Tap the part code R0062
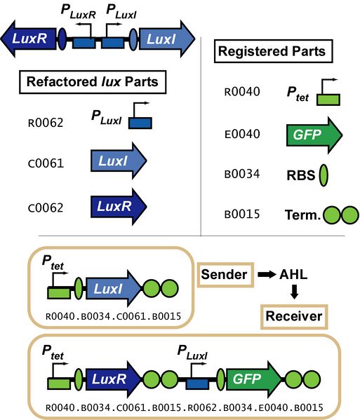[x=44, y=123]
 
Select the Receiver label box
[x=293, y=317]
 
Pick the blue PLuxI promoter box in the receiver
[x=197, y=382]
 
